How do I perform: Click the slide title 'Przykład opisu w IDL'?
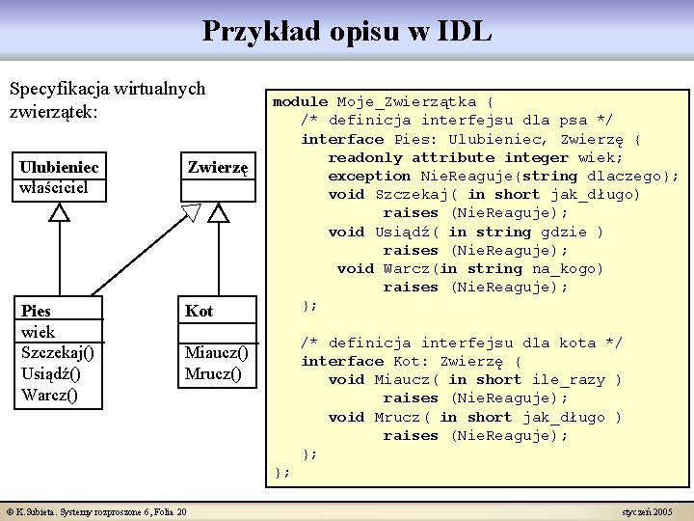pyautogui.click(x=347, y=31)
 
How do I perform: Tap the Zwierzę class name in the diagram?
pyautogui.click(x=218, y=167)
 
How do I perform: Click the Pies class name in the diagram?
pyautogui.click(x=37, y=311)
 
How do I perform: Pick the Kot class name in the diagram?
pyautogui.click(x=200, y=311)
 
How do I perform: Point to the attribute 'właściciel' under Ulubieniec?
pyautogui.click(x=53, y=186)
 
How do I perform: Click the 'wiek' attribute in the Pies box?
pyautogui.click(x=38, y=332)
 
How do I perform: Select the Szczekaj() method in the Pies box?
pyautogui.click(x=57, y=353)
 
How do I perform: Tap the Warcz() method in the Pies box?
pyautogui.click(x=49, y=396)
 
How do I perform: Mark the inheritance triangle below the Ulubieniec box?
pyautogui.click(x=60, y=213)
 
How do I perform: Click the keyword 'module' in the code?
pyautogui.click(x=301, y=101)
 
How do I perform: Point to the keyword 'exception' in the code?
pyautogui.click(x=369, y=176)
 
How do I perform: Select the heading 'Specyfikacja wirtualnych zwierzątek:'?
pyautogui.click(x=106, y=99)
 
